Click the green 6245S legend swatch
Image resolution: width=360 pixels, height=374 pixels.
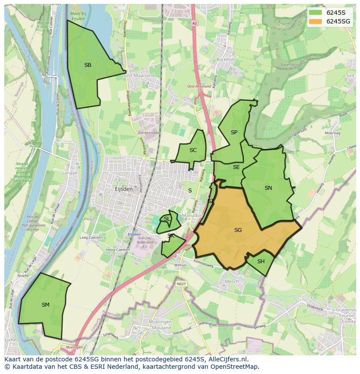coord(316,12)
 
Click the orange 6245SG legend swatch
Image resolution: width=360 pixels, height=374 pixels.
coord(316,21)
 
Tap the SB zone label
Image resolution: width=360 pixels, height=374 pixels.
coord(88,65)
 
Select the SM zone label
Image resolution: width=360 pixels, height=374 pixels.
coord(46,305)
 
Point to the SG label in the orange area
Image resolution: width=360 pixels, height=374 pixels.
coord(238,230)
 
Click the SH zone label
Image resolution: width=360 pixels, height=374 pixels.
coord(261,261)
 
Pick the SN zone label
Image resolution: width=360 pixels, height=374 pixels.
coord(268,188)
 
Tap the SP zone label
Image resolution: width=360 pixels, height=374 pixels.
coord(234,132)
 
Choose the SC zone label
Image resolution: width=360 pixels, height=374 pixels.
coord(193,150)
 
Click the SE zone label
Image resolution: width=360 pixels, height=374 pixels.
coord(237,167)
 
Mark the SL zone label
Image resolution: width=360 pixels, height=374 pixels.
coord(167,219)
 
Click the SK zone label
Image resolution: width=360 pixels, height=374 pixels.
coord(171,236)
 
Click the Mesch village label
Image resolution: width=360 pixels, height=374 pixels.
coord(231,281)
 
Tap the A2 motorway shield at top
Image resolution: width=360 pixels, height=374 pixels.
coord(195,23)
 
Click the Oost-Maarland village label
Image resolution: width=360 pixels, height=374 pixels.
coord(138,75)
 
